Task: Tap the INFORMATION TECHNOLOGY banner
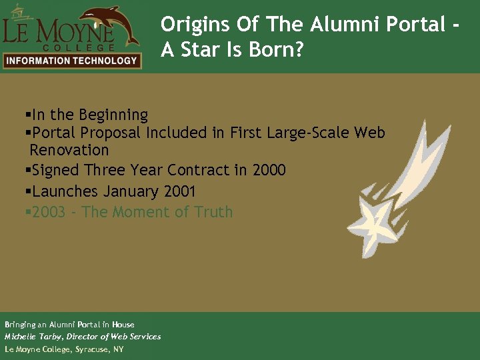(x=71, y=61)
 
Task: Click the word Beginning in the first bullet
(x=113, y=115)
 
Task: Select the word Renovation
(x=69, y=150)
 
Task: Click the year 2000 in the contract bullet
(x=269, y=171)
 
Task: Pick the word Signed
(x=55, y=171)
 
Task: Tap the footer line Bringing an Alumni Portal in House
(x=69, y=325)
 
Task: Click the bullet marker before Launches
(x=27, y=192)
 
